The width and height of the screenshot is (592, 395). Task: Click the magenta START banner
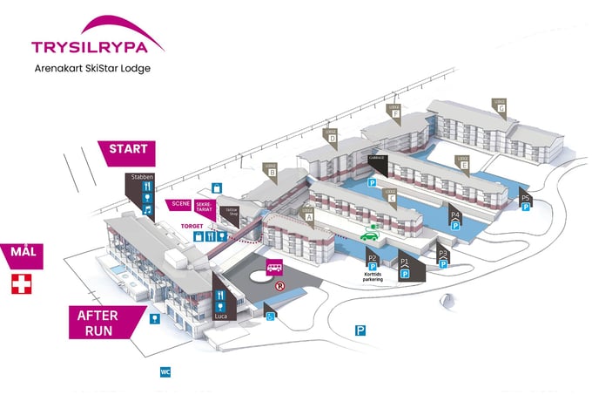point(129,149)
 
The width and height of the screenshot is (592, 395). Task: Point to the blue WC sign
point(165,372)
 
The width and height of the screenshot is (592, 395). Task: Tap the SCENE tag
point(181,203)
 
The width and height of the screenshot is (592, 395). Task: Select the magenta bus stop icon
point(273,269)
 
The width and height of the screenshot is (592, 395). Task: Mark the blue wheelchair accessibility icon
point(271,316)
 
